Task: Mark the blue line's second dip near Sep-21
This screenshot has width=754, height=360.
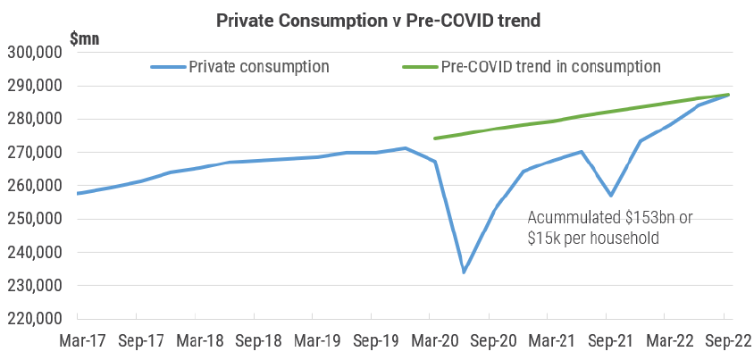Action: tap(611, 195)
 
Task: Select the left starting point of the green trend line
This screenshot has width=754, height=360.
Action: tap(434, 138)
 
